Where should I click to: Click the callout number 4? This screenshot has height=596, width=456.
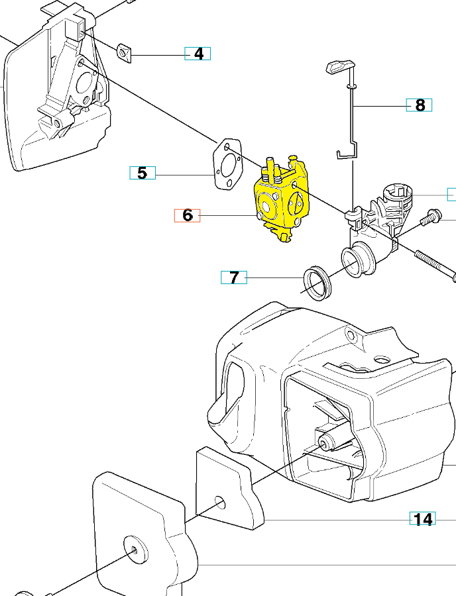click(x=198, y=54)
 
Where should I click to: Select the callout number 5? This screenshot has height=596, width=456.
click(x=142, y=174)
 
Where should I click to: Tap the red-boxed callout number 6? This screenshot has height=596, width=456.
click(x=187, y=215)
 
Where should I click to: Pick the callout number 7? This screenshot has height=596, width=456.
click(x=233, y=277)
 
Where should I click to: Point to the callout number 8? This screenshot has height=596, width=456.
click(x=419, y=105)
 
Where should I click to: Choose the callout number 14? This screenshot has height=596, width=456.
click(x=423, y=519)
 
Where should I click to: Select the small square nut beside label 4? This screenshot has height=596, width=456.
click(x=125, y=52)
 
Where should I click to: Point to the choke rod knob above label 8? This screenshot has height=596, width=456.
click(x=339, y=66)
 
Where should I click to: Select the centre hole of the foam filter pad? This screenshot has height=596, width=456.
click(x=221, y=503)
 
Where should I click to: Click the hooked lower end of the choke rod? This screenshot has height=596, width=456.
click(x=343, y=154)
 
